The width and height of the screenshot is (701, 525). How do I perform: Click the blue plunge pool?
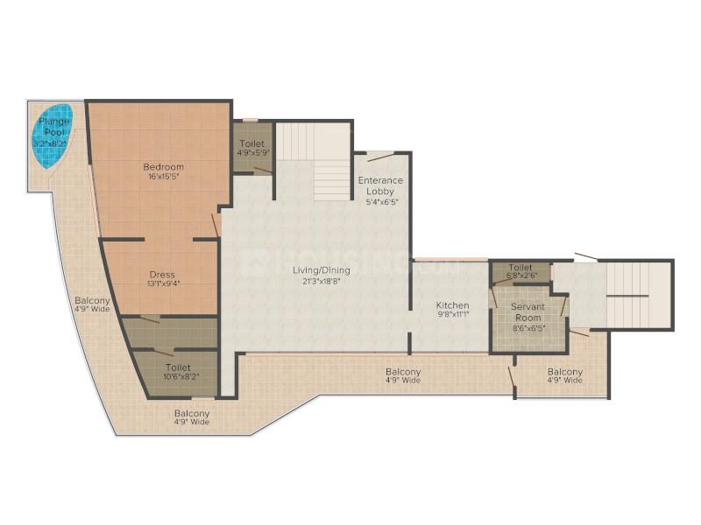[x=52, y=136]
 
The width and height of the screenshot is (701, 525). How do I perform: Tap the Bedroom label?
[x=163, y=167]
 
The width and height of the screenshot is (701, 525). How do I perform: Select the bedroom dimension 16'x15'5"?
[x=163, y=177]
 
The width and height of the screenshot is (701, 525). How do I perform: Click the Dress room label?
[x=162, y=275]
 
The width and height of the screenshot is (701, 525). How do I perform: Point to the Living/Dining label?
[x=322, y=270]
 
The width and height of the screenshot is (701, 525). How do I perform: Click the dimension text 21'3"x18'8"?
[x=322, y=281]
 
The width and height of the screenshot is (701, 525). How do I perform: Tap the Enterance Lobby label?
[x=380, y=185]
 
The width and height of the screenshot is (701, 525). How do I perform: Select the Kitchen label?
[x=452, y=305]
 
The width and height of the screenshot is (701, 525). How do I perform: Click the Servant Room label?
[x=528, y=312]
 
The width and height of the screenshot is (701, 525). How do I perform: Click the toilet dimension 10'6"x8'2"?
[x=181, y=376]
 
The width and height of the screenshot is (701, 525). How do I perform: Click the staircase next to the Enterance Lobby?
[x=313, y=162]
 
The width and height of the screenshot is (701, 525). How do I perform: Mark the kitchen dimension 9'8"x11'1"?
[x=453, y=315]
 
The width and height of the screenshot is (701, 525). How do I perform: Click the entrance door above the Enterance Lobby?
[x=381, y=157]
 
